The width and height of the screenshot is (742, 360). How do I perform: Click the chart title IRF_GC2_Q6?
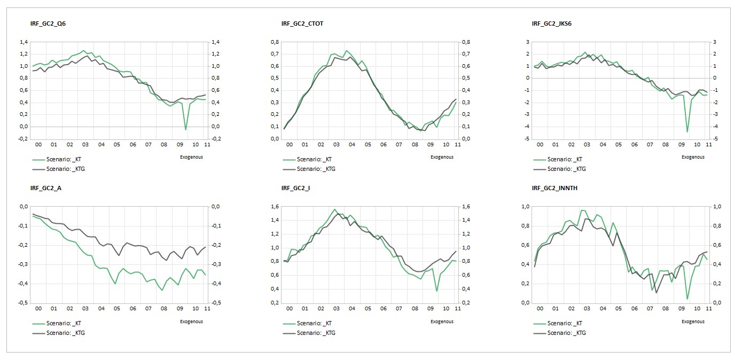[48, 24]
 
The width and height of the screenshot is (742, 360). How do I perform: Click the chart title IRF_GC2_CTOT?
[302, 24]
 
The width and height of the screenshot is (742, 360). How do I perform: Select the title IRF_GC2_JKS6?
[552, 24]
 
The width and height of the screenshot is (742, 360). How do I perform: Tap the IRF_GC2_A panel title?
[46, 188]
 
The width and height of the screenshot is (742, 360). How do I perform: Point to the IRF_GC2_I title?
[295, 188]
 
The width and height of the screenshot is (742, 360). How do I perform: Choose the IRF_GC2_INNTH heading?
[554, 188]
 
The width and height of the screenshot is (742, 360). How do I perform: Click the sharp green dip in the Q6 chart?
[185, 129]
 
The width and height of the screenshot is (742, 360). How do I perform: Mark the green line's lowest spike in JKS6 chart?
[687, 131]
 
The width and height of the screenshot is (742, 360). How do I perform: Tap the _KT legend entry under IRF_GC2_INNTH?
[556, 323]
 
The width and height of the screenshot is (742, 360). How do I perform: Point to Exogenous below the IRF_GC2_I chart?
[442, 322]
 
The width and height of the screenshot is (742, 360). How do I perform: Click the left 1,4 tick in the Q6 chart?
[24, 42]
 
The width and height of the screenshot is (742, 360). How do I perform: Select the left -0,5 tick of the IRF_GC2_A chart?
[22, 303]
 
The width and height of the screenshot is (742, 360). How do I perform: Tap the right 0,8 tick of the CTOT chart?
[466, 42]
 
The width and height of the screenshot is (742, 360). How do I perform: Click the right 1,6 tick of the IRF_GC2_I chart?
[466, 207]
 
